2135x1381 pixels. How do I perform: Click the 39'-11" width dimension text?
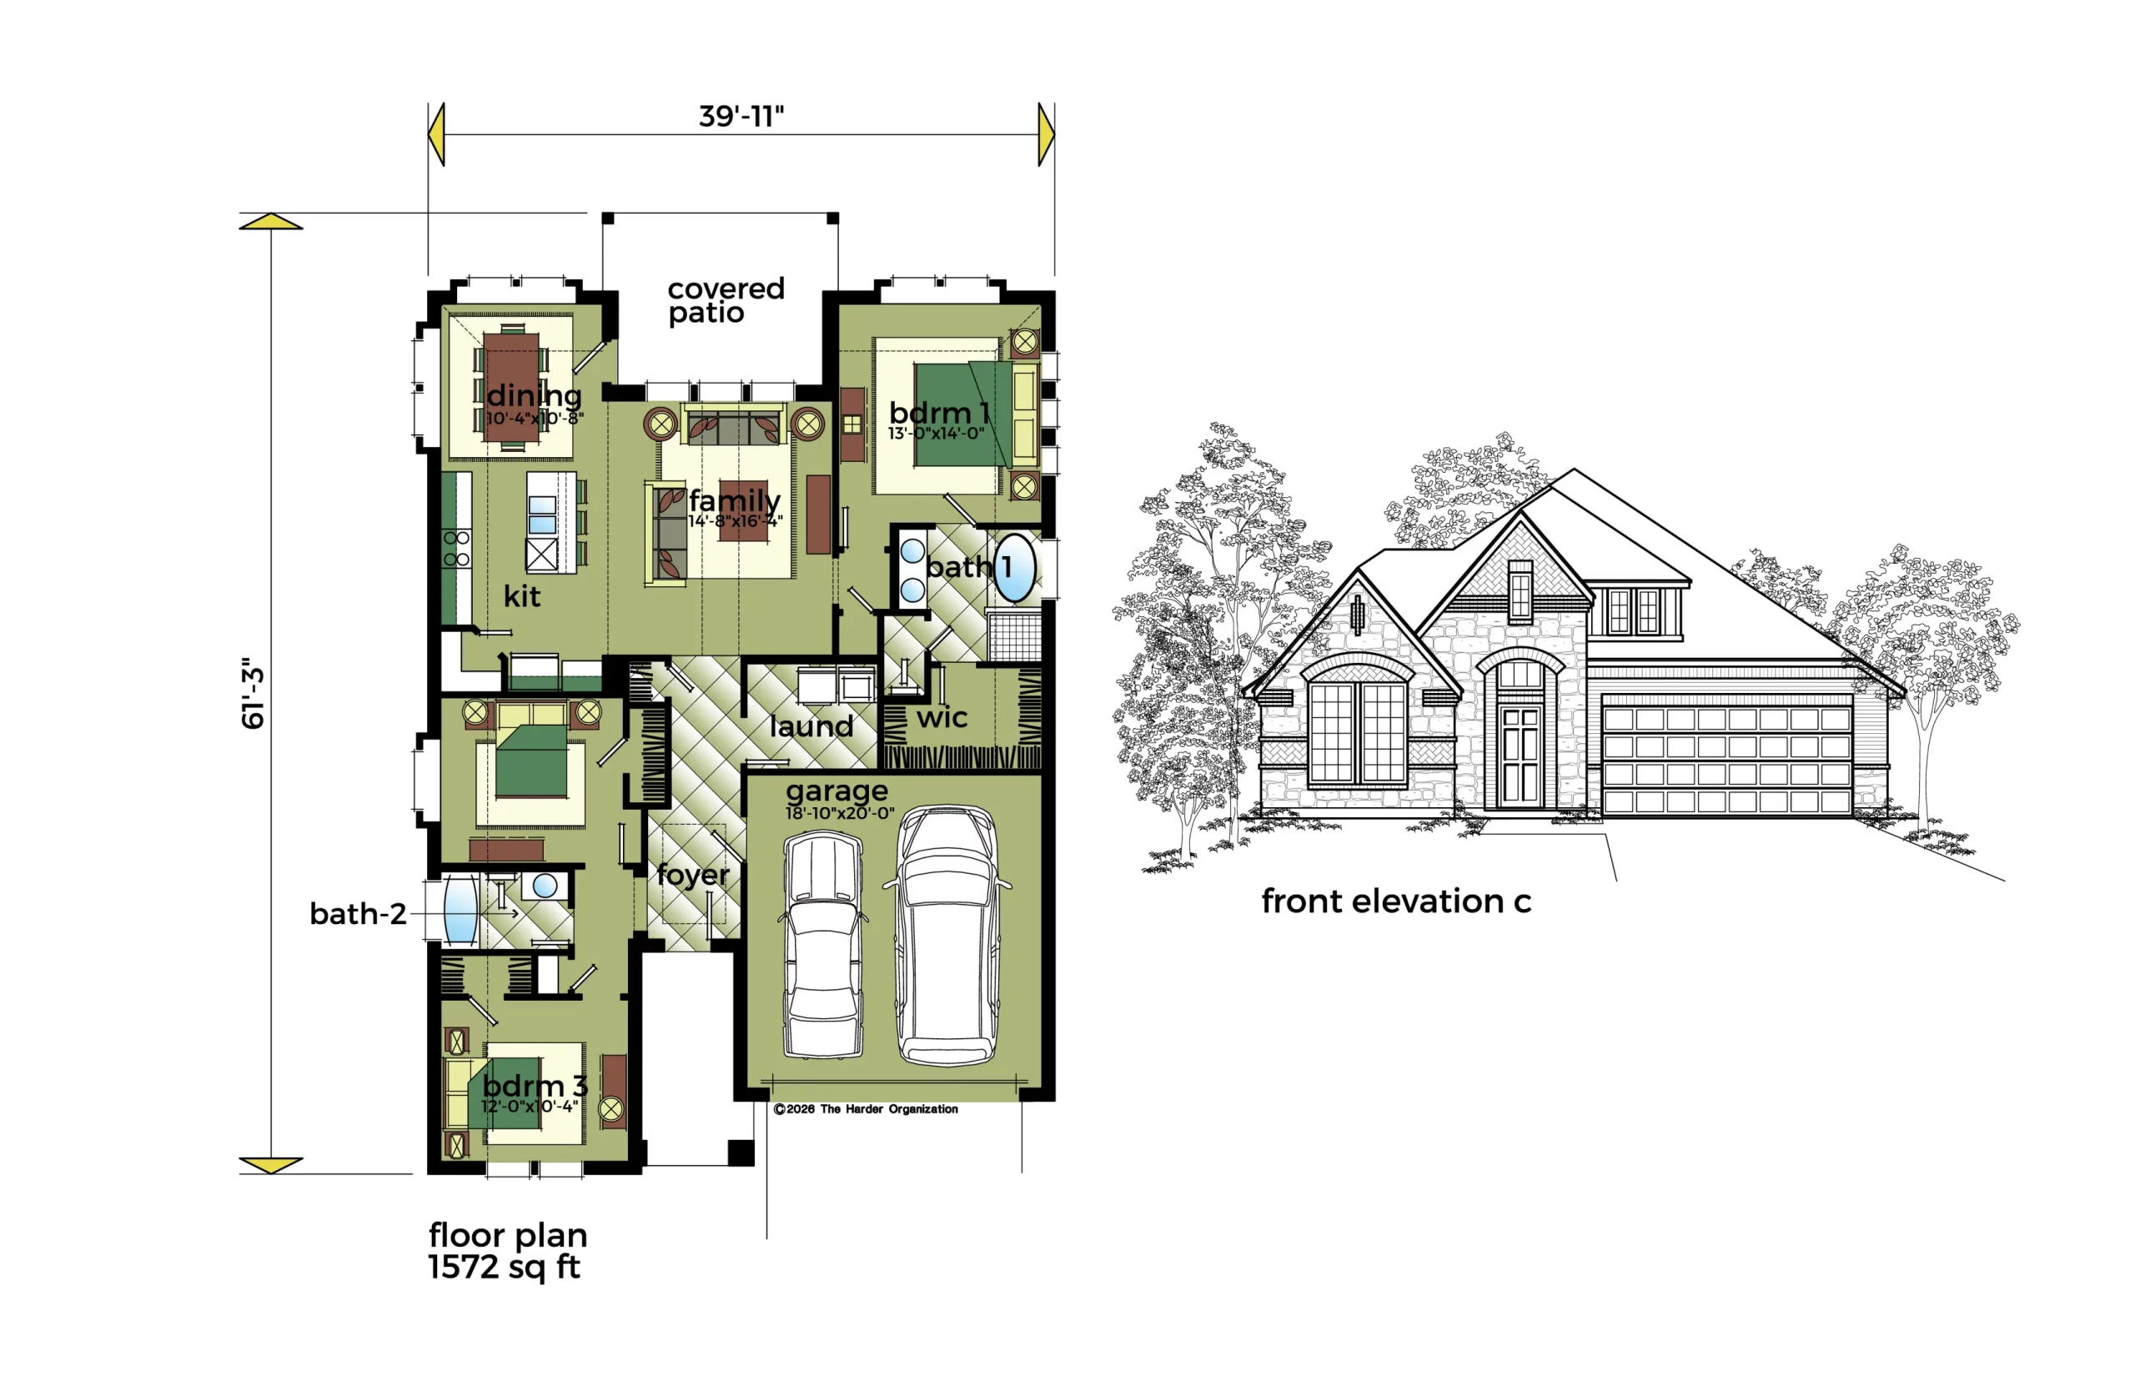pyautogui.click(x=741, y=117)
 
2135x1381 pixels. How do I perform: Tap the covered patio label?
pyautogui.click(x=726, y=300)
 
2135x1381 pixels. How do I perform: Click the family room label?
pyautogui.click(x=735, y=500)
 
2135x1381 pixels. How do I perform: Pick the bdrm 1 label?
pyautogui.click(x=939, y=413)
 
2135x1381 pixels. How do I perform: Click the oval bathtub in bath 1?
pyautogui.click(x=1015, y=568)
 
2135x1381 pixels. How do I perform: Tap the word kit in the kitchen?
pyautogui.click(x=522, y=596)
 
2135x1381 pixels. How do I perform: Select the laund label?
pyautogui.click(x=811, y=726)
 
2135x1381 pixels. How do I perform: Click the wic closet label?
pyautogui.click(x=942, y=717)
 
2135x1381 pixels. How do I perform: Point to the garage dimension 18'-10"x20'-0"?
pyautogui.click(x=840, y=813)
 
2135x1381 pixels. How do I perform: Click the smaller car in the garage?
pyautogui.click(x=822, y=944)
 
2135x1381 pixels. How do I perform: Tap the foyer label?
pyautogui.click(x=693, y=874)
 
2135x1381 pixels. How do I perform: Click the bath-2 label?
pyautogui.click(x=358, y=914)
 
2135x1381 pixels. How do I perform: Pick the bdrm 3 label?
pyautogui.click(x=535, y=1085)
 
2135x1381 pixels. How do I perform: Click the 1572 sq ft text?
pyautogui.click(x=504, y=1267)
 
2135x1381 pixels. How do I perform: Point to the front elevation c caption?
pyautogui.click(x=1396, y=901)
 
